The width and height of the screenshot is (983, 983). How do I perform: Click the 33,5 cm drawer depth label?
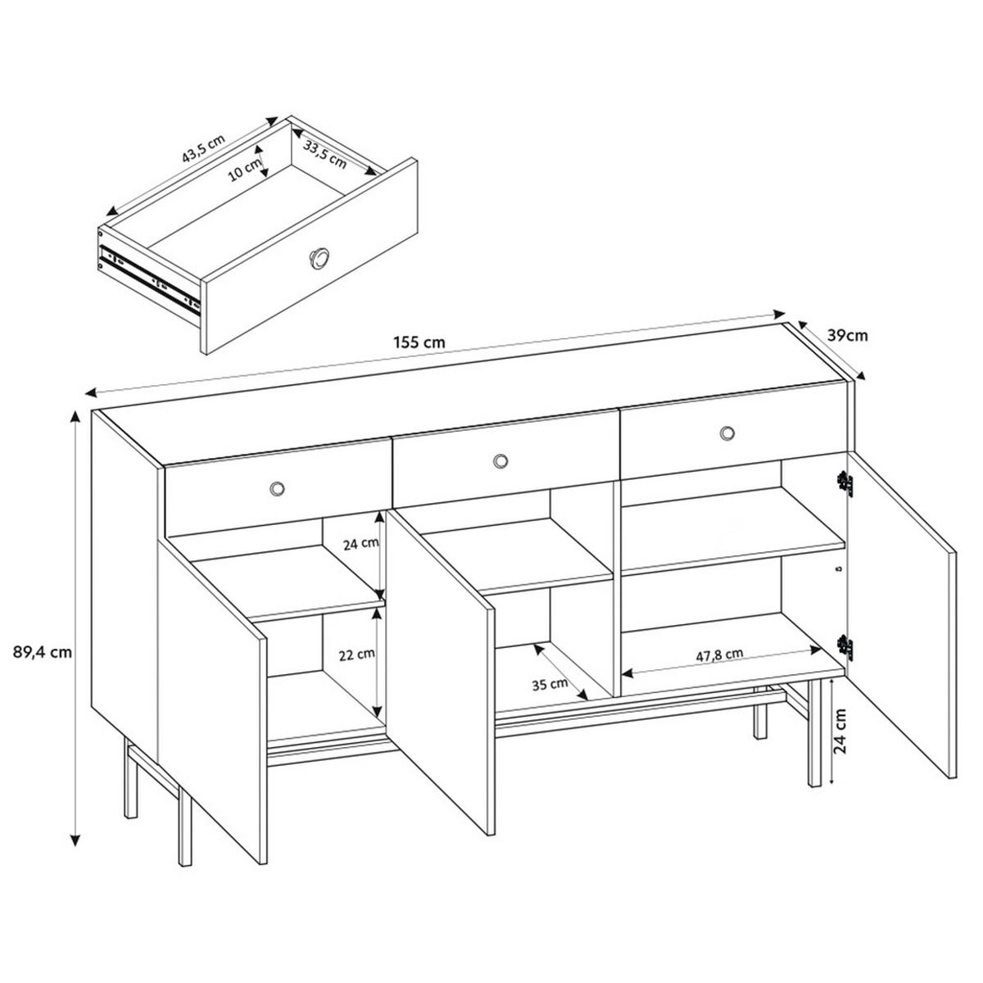(325, 153)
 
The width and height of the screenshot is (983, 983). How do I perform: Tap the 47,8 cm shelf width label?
(719, 654)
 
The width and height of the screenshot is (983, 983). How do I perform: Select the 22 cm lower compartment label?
(358, 654)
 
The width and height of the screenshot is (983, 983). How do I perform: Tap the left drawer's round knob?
(278, 488)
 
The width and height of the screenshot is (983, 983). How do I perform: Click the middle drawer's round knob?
(500, 462)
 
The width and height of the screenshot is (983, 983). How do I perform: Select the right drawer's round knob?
(727, 433)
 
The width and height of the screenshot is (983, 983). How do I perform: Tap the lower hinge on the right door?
(845, 646)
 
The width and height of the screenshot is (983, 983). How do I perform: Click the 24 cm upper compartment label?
(360, 543)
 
